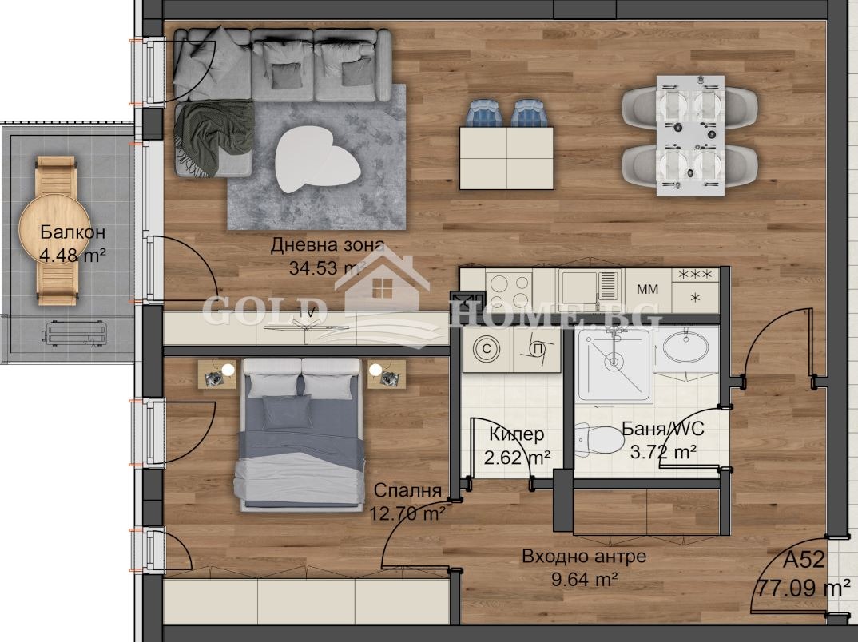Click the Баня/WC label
[x=662, y=430]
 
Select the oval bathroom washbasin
[x=686, y=347]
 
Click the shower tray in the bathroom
[x=614, y=363]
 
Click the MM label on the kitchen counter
[x=647, y=290]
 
